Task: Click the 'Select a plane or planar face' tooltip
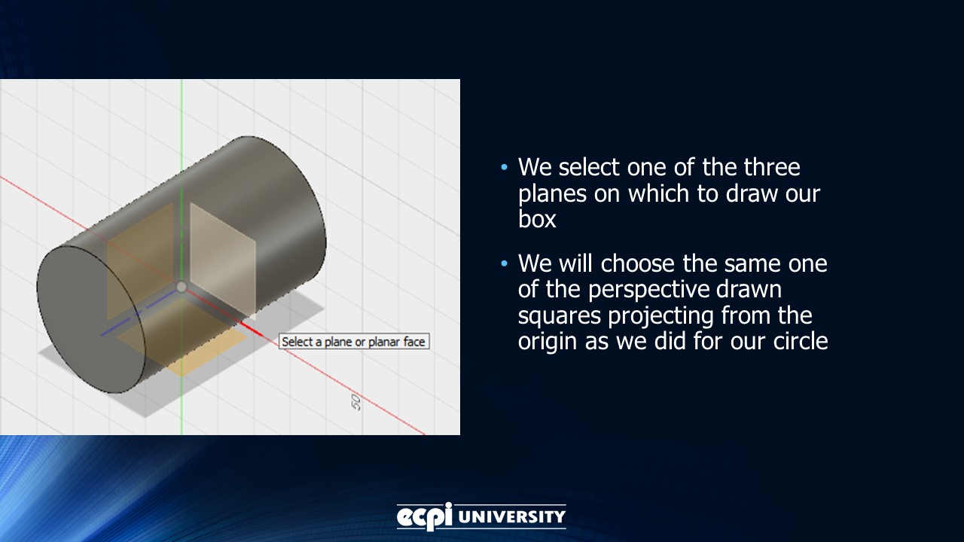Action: (354, 342)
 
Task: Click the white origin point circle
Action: (182, 287)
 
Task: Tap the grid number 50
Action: (356, 402)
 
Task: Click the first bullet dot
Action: (505, 167)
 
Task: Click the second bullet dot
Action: (505, 264)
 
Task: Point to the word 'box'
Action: (537, 219)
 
